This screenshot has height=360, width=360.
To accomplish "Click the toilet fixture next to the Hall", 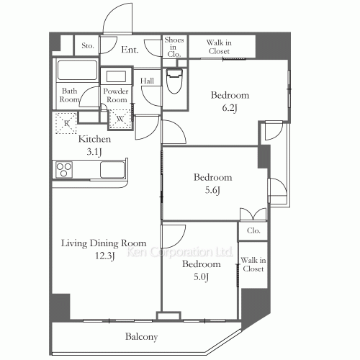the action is [174, 81].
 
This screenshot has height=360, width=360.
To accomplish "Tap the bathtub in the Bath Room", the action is [77, 70].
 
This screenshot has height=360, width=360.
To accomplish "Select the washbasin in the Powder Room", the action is [116, 76].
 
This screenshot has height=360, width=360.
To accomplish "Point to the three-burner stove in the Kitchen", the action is [64, 170].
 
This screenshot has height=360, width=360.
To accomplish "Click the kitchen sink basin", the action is [112, 170].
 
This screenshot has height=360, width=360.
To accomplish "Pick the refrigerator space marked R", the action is [66, 123].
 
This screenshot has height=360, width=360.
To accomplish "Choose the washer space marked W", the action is [120, 119].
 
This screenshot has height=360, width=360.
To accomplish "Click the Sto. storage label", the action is [87, 45].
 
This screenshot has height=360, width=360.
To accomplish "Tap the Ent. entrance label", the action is [130, 50].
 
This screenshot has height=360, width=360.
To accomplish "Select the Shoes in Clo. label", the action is [174, 47].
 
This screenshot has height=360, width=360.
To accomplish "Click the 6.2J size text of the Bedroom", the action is [230, 108].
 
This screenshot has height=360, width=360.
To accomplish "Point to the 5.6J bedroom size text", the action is [212, 190].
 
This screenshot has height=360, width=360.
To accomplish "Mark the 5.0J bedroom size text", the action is [201, 277].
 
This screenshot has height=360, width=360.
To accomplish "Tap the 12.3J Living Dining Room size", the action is [105, 256].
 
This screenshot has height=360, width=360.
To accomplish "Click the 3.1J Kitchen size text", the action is [94, 152].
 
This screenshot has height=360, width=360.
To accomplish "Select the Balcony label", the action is [142, 337].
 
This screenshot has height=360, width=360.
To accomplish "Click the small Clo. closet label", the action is [253, 230].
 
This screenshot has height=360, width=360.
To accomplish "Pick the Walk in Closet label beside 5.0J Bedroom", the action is [253, 264].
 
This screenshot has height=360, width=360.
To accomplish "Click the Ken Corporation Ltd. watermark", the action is [180, 252].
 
